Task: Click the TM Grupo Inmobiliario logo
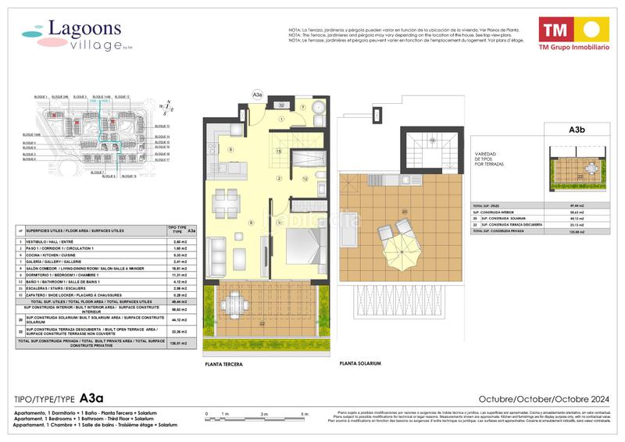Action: click(571, 36)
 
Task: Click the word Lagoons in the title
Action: click(84, 29)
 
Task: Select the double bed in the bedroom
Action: click(301, 245)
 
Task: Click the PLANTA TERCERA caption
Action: click(223, 365)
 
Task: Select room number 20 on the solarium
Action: click(404, 212)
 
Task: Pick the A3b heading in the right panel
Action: click(577, 130)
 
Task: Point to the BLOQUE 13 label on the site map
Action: click(162, 126)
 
